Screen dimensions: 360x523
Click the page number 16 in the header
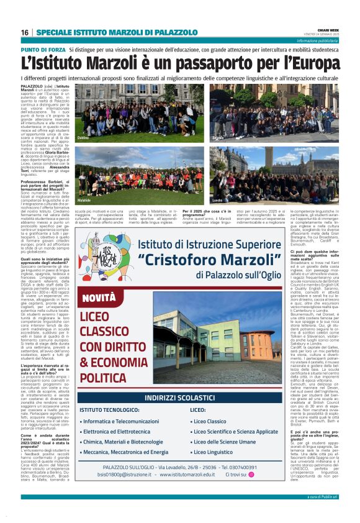click(24, 32)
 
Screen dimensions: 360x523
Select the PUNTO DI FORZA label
click(43, 48)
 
